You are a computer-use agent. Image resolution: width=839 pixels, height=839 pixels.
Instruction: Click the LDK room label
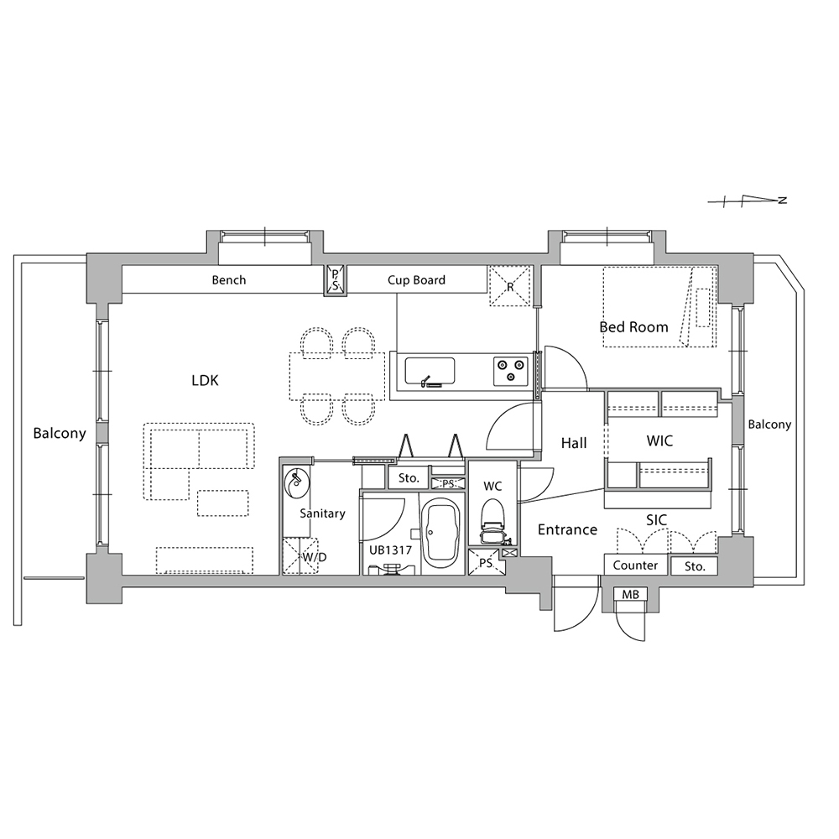[205, 380]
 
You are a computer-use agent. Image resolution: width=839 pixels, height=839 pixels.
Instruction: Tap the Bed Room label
[633, 327]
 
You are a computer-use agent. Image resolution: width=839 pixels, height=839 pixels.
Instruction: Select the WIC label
[659, 441]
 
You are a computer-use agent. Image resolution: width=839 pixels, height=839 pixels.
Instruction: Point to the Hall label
[574, 443]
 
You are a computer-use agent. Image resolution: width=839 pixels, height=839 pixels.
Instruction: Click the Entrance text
[567, 529]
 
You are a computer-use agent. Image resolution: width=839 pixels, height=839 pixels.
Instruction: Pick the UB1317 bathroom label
[391, 550]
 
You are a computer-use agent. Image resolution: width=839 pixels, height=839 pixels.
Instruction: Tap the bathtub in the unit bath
[441, 536]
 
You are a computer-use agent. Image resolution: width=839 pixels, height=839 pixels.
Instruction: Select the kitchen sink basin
[430, 371]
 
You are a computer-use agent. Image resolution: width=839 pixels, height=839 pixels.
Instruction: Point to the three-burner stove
[510, 371]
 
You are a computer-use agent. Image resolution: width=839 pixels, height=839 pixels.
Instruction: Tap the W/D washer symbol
[300, 556]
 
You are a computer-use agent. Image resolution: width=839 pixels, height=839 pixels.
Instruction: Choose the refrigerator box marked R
[510, 286]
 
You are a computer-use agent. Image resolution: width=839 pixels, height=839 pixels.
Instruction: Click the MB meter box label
[630, 595]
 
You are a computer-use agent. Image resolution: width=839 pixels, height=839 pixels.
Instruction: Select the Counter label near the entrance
[635, 565]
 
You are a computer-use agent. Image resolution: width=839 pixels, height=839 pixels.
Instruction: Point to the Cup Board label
[416, 280]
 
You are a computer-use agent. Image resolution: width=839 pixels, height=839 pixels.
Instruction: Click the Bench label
[229, 280]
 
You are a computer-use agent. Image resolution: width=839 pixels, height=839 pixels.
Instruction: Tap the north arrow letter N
[783, 201]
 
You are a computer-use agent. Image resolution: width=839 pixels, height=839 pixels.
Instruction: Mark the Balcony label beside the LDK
[60, 433]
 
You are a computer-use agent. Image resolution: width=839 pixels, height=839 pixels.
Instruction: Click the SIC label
[657, 520]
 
